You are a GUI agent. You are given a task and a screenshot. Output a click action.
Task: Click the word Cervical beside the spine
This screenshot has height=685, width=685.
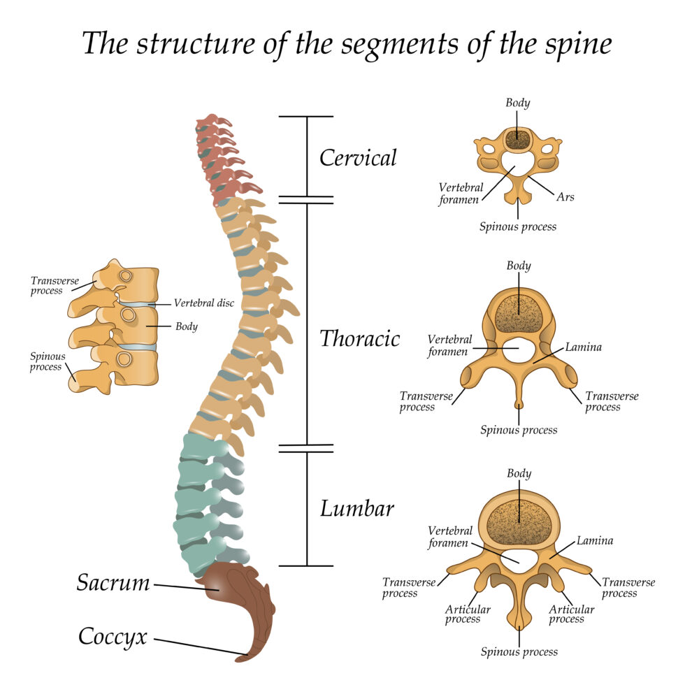[358, 157]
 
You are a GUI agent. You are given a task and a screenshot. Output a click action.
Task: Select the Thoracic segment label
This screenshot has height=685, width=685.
[360, 338]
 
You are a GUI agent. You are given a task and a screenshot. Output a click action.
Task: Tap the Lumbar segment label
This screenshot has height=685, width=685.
[357, 508]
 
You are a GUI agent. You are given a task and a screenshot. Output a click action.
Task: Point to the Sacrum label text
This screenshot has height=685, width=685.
[113, 582]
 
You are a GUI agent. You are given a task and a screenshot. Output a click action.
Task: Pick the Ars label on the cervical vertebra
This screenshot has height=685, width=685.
[565, 197]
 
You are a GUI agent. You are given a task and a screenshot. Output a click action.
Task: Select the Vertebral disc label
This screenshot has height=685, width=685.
[205, 303]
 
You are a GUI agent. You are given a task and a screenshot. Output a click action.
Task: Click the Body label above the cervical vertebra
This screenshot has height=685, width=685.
[518, 103]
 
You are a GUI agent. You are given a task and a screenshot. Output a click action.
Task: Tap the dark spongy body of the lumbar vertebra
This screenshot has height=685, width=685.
[519, 521]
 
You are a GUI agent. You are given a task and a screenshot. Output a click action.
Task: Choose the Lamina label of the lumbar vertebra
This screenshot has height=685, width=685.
[595, 540]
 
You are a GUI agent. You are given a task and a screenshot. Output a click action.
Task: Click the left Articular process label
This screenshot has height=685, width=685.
[468, 614]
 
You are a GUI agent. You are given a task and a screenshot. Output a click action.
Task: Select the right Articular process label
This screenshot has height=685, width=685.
[571, 614]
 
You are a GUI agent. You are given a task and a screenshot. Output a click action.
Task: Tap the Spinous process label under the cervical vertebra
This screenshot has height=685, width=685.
[518, 226]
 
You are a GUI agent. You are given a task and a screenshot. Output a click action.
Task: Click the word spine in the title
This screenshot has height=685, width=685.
[572, 43]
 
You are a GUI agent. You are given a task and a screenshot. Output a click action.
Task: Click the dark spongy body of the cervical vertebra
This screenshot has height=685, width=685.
[518, 138]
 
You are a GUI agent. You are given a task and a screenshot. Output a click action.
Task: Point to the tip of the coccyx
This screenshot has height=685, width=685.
[242, 658]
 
